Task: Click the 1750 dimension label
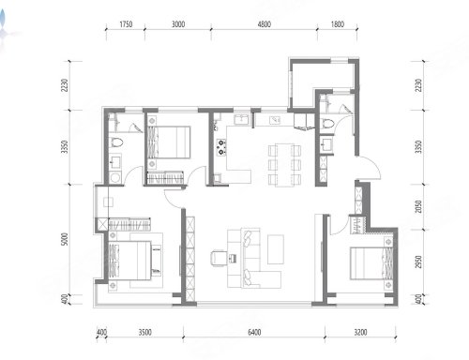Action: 126,24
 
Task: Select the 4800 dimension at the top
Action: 265,24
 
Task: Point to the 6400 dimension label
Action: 254,332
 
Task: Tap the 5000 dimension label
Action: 64,239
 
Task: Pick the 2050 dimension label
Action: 418,206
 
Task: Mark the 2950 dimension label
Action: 418,262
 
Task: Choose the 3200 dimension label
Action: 360,332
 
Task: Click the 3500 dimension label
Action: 145,332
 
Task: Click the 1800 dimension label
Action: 338,24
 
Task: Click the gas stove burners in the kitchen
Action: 221,147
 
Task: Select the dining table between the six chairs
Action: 284,165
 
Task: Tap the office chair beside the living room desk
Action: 218,258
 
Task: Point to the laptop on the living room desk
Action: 233,259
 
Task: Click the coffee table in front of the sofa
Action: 276,249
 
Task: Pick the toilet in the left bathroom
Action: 116,142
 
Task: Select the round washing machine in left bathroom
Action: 115,177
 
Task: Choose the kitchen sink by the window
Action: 242,120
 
